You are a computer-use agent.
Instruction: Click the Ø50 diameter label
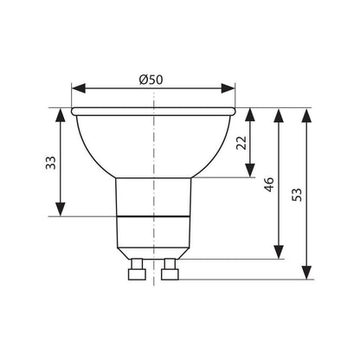151,80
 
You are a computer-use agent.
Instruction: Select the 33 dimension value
51,163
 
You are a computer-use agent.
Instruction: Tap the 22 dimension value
241,143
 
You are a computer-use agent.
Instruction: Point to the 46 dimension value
269,184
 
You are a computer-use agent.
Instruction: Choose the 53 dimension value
297,195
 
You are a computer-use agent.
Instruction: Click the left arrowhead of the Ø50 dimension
79,88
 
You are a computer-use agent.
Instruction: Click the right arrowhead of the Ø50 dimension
228,88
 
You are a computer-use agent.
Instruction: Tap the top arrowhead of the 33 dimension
61,114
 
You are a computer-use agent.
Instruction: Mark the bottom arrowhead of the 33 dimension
61,209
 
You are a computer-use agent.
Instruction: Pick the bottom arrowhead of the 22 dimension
250,170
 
